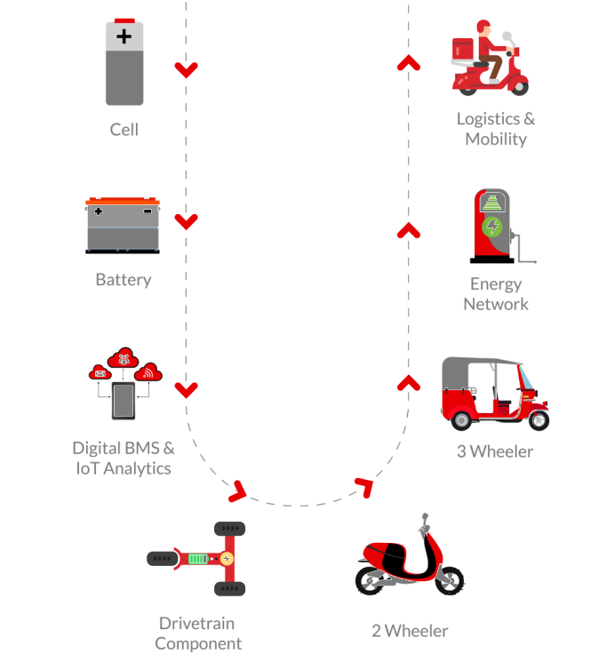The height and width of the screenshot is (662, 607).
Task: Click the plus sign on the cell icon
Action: pos(124,36)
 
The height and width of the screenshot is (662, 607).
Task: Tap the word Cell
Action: pos(124,130)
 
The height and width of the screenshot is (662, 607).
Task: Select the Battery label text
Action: pos(124,280)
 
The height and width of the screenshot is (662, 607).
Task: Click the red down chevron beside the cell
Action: pos(186,69)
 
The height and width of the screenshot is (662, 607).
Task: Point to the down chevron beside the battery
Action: pos(186,221)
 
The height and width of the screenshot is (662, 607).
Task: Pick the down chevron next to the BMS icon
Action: pos(186,390)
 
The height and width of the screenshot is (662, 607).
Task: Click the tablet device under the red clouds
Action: pos(124,401)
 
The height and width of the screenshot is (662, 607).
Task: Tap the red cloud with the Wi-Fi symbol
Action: pos(148,371)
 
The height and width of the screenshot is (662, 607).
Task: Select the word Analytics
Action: pos(137,468)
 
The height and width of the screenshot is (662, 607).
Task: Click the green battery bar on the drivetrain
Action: pos(197,559)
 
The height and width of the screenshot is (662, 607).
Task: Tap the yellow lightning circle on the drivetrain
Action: pos(227,559)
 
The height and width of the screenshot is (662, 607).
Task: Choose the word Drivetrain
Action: pos(196,623)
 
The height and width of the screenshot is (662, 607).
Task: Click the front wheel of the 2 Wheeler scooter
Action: pos(450,581)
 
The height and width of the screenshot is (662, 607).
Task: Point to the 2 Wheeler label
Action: pos(410,631)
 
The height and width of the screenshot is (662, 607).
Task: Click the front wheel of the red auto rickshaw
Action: pos(539,420)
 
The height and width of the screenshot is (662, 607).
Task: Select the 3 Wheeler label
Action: pos(495,451)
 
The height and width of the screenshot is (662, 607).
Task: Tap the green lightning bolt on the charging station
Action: pos(492,227)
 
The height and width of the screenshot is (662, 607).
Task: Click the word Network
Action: pos(496,304)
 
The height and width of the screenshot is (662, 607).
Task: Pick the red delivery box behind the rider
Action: pos(463,50)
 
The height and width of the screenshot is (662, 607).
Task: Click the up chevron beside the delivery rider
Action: pos(409,62)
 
